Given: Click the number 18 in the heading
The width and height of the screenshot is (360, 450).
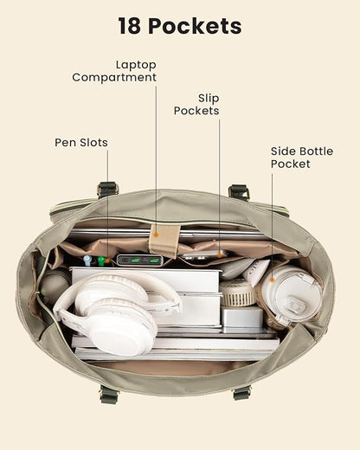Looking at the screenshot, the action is point(130,26).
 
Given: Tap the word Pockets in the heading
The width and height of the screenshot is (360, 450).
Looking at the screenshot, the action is point(195,26).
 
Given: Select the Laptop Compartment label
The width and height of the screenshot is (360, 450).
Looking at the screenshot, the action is point(114,71).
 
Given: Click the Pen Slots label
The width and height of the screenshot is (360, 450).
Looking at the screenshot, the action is point(81,143).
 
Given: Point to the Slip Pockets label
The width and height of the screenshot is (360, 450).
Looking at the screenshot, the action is point(196,105).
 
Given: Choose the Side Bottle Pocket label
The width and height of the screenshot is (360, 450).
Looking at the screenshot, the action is point(302,157).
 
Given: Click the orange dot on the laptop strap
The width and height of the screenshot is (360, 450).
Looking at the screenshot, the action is point(156,235).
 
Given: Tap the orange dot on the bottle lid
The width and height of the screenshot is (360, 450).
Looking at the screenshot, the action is point(272,280).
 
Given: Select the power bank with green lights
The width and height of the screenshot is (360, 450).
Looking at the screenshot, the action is point(140,260).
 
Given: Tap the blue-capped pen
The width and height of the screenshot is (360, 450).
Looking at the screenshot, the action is point(87,260).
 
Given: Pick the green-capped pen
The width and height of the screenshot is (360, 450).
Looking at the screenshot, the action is point(100,260).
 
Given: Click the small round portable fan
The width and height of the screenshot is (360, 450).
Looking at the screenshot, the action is point(237,292).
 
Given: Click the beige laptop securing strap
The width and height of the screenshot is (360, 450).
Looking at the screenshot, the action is point(164,240).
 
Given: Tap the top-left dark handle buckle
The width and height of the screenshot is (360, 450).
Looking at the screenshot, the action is point(108,190).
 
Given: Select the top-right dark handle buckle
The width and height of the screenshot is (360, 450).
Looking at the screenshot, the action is point(239,192).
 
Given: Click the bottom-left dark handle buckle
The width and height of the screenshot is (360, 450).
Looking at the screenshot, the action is point(109,394).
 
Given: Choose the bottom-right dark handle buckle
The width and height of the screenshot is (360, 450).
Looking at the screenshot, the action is point(241,393).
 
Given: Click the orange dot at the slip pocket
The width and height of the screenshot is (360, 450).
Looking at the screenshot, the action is point(220,255).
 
